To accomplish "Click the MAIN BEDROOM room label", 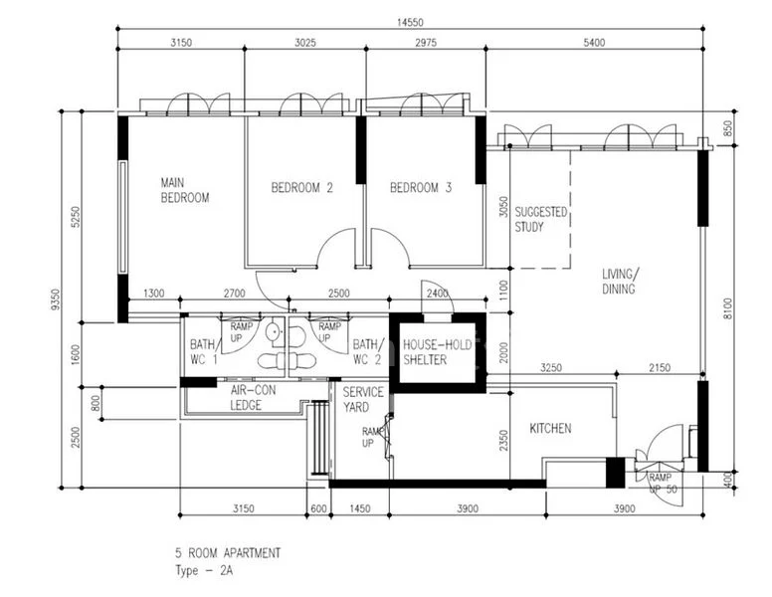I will [185, 190].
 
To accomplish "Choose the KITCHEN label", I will [550, 428].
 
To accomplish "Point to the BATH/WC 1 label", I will [203, 352].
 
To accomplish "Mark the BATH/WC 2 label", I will [367, 352].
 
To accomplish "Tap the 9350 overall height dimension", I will [56, 299].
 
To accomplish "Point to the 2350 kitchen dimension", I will [503, 439].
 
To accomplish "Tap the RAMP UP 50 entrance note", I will [663, 484].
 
